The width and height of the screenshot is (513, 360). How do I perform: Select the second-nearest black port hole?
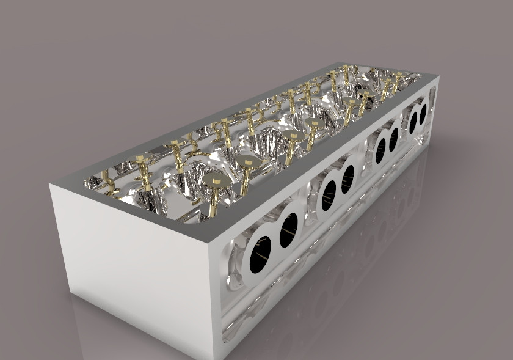(288, 230)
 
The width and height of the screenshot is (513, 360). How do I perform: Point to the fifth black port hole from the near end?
(379, 151)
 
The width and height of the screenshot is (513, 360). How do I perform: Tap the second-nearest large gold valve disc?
(247, 161)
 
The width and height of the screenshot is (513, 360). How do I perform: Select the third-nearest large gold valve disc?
(290, 136)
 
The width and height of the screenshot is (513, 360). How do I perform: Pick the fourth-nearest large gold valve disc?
(313, 123)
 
